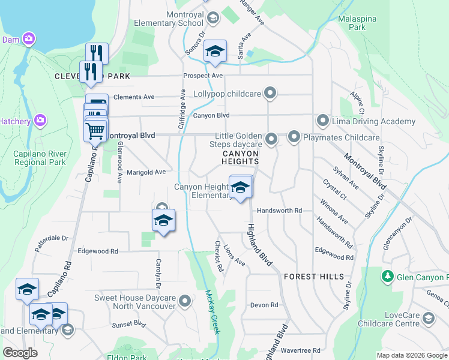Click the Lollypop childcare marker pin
(271, 94)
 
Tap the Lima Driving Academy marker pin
(323, 121)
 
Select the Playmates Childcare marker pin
(294, 137)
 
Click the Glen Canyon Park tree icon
(388, 277)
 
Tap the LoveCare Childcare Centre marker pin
(429, 318)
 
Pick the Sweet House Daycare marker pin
(185, 301)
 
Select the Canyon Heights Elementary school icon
(241, 188)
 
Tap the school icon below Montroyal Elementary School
(215, 52)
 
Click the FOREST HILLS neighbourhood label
(314, 277)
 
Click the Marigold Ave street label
(146, 172)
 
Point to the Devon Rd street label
(264, 305)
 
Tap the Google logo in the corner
(20, 352)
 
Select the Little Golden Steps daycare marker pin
(271, 140)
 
